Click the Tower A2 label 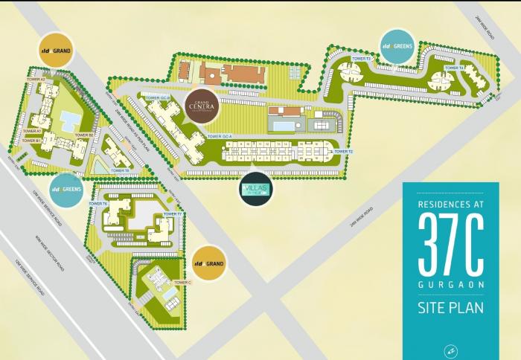[36, 79]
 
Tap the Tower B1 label [31, 140]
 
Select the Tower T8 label [119, 170]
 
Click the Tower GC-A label [220, 137]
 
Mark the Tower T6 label [100, 203]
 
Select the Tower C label [183, 283]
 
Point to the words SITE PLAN [452, 307]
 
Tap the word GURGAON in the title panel [452, 283]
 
